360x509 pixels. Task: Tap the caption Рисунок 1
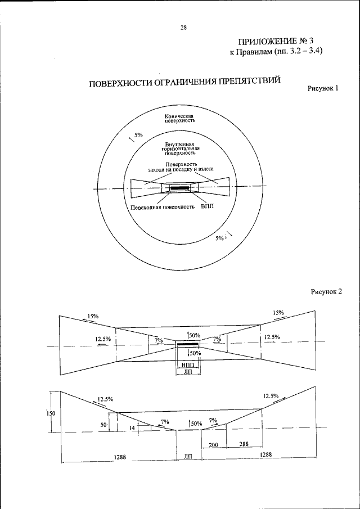pos(322,89)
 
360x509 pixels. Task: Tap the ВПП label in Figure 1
pos(207,207)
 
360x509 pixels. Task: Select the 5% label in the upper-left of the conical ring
pos(138,136)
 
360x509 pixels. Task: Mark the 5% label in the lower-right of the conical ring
pos(220,238)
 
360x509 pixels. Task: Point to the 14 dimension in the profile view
pos(132,428)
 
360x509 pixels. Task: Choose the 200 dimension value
pos(213,444)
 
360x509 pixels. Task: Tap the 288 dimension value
pos(244,444)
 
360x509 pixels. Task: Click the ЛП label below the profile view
pos(188,458)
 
